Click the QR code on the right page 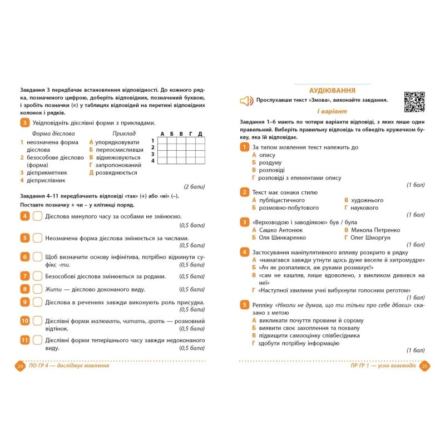(414, 102)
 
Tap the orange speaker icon (246, 101)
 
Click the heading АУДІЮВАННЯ (332, 90)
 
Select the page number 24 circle (20, 366)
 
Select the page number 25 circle (424, 366)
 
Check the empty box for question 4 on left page (37, 216)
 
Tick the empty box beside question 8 (37, 289)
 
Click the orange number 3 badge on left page (24, 123)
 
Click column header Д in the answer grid (200, 133)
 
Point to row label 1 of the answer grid (152, 140)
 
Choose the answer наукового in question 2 (365, 208)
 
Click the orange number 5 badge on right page (244, 304)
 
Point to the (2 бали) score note (194, 186)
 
